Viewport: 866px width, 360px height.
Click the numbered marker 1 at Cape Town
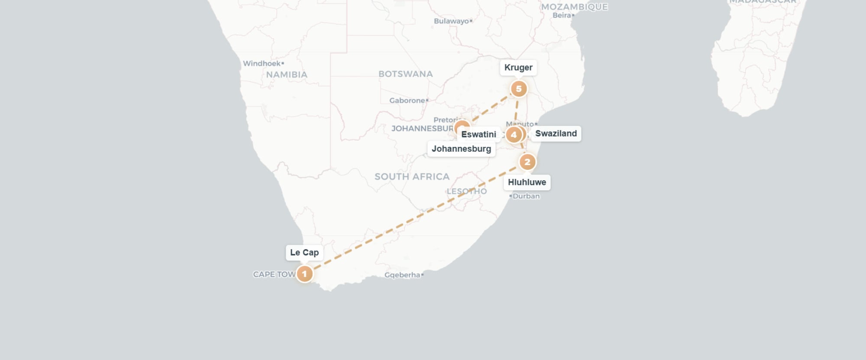[x=304, y=274]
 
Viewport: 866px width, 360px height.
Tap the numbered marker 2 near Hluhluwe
[x=527, y=162]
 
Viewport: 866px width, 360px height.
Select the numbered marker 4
[x=514, y=135]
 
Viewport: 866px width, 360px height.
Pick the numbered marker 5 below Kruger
[x=518, y=89]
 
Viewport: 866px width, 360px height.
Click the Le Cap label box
[x=304, y=253]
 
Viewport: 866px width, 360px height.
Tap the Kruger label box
[x=518, y=68]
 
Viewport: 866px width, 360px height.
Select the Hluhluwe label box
[x=527, y=182]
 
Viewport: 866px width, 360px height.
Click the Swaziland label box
[x=556, y=133]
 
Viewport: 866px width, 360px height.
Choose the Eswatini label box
[x=478, y=134]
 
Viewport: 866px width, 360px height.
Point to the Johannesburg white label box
[x=461, y=149]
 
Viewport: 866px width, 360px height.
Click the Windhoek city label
[x=262, y=64]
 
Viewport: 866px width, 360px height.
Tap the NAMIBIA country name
[x=287, y=75]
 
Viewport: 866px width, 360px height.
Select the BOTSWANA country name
[x=405, y=74]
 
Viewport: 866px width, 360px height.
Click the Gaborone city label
[x=407, y=101]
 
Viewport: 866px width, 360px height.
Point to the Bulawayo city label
[x=452, y=21]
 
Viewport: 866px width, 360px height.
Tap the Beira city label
[x=562, y=15]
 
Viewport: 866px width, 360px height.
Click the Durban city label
[x=526, y=196]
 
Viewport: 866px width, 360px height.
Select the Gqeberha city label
[x=402, y=275]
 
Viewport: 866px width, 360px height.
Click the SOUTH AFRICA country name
[x=412, y=177]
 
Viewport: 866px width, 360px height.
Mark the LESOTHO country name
[x=466, y=191]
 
